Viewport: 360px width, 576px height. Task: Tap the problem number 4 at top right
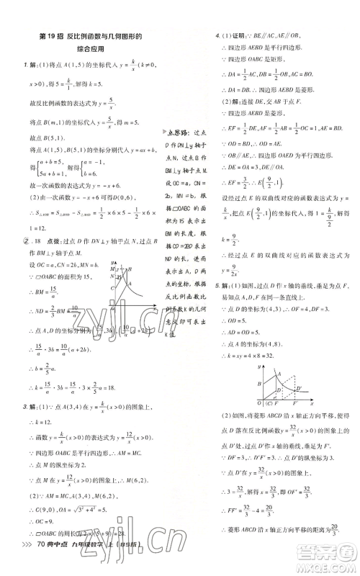[208, 35]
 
